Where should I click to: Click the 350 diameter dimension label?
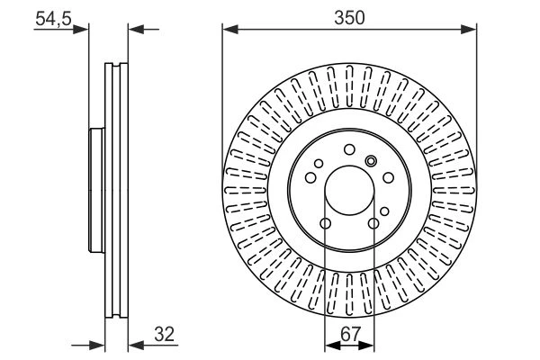(x=349, y=18)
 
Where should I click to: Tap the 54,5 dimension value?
(x=53, y=18)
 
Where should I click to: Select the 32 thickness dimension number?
(x=165, y=334)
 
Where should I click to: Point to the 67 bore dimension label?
(x=350, y=334)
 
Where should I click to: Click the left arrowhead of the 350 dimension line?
(x=230, y=30)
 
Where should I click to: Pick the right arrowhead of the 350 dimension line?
(x=469, y=30)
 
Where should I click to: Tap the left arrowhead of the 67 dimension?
(x=333, y=345)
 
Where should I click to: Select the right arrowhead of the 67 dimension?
(x=366, y=345)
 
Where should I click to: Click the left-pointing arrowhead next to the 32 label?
(x=136, y=345)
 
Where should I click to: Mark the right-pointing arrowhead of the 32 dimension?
(x=97, y=345)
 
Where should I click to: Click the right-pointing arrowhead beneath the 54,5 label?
(x=81, y=30)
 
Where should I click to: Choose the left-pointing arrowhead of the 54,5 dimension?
(x=136, y=30)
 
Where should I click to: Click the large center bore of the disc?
(x=349, y=191)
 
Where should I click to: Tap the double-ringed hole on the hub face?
(x=371, y=160)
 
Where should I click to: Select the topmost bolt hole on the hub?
(x=349, y=150)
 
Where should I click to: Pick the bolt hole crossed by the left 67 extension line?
(x=326, y=223)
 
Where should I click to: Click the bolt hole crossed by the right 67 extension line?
(x=373, y=223)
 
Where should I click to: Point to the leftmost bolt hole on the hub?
(x=310, y=178)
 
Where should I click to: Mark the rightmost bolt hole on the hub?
(x=389, y=178)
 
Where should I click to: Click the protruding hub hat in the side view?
(x=97, y=190)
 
